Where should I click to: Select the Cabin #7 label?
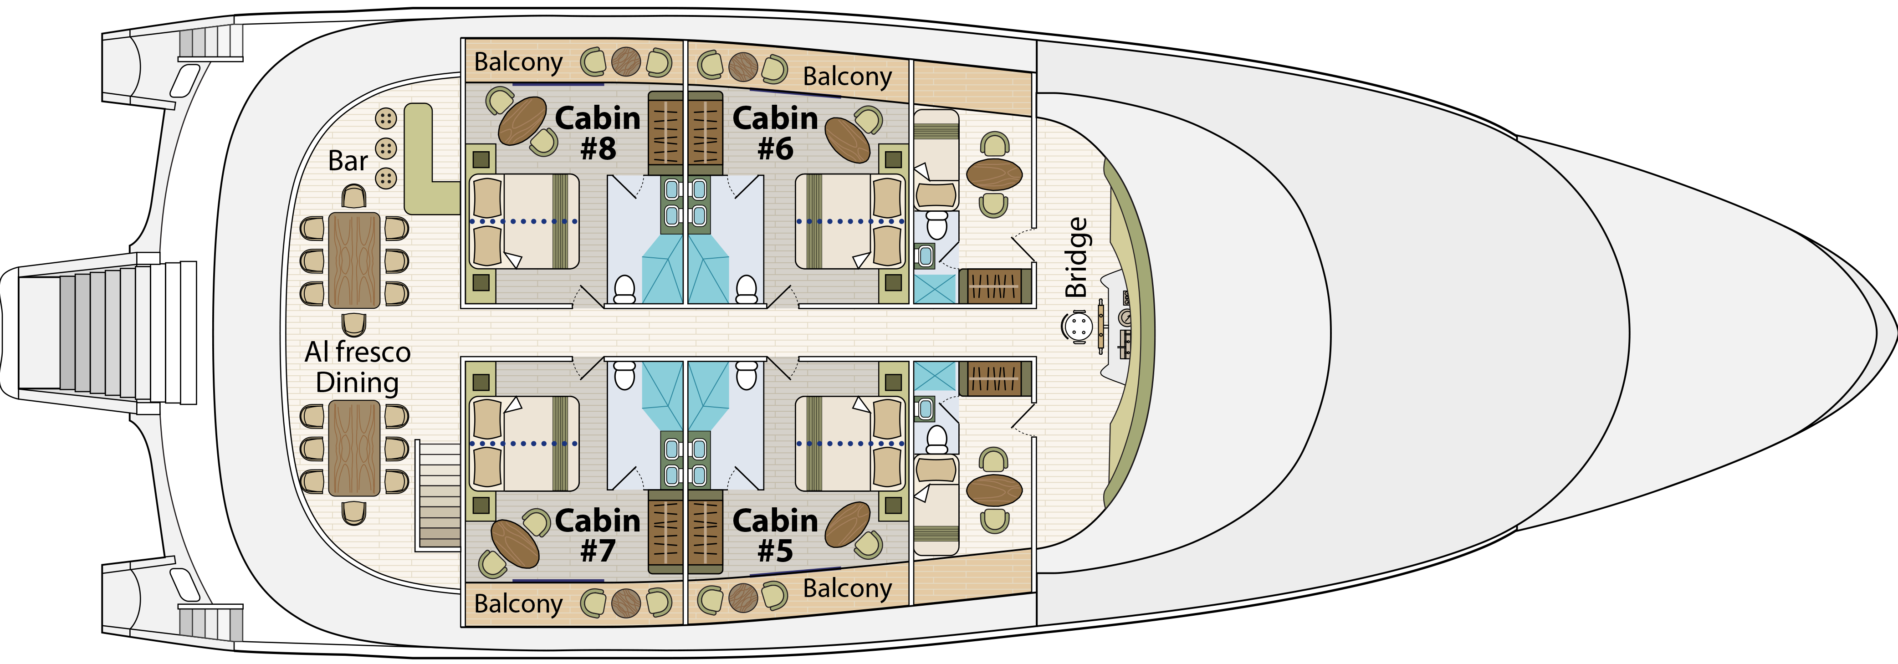[x=598, y=536]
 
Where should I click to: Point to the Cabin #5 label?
[x=775, y=536]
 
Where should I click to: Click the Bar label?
[x=348, y=161]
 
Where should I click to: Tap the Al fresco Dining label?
[x=358, y=367]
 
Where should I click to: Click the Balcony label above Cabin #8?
[x=518, y=62]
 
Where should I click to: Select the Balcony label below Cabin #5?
[x=847, y=588]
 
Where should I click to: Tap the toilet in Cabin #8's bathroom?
[x=624, y=289]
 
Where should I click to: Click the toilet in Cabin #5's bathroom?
[x=747, y=374]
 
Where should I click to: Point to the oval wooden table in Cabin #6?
[x=847, y=139]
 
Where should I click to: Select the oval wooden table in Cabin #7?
[x=515, y=543]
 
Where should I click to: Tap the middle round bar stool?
[x=386, y=148]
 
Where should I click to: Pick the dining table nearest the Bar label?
[x=354, y=260]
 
